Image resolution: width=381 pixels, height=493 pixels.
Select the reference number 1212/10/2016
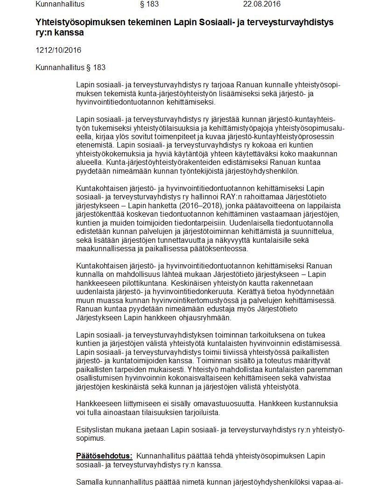click(x=58, y=50)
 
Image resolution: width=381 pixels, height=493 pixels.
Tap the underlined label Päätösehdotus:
click(x=105, y=456)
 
